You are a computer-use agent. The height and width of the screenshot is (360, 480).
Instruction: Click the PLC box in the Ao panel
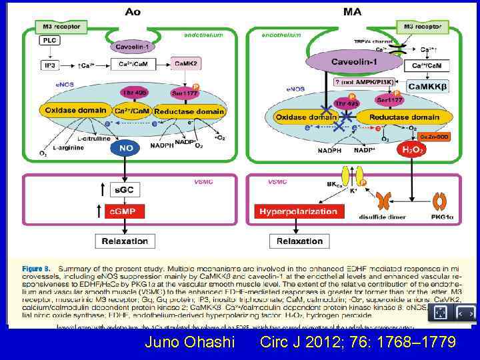49,40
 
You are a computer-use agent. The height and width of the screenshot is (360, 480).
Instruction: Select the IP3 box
49,64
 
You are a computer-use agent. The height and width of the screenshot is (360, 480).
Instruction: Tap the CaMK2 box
186,64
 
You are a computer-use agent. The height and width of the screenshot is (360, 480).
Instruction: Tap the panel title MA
353,11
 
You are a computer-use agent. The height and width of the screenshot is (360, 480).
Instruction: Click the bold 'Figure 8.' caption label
40,267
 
